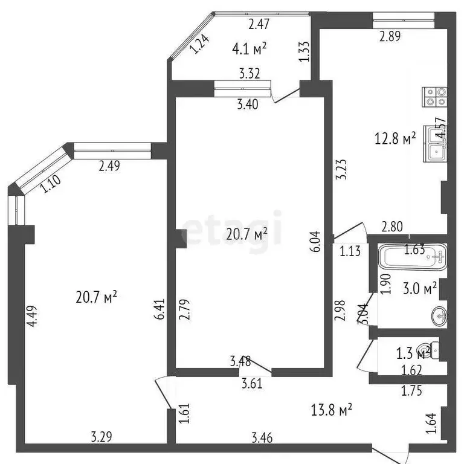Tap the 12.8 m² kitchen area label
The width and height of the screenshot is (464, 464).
395,139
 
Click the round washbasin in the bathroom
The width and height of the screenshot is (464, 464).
440,315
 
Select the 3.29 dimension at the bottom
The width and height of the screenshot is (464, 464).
101,436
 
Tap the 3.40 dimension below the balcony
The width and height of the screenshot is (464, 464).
247,105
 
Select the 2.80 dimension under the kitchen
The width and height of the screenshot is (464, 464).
392,228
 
